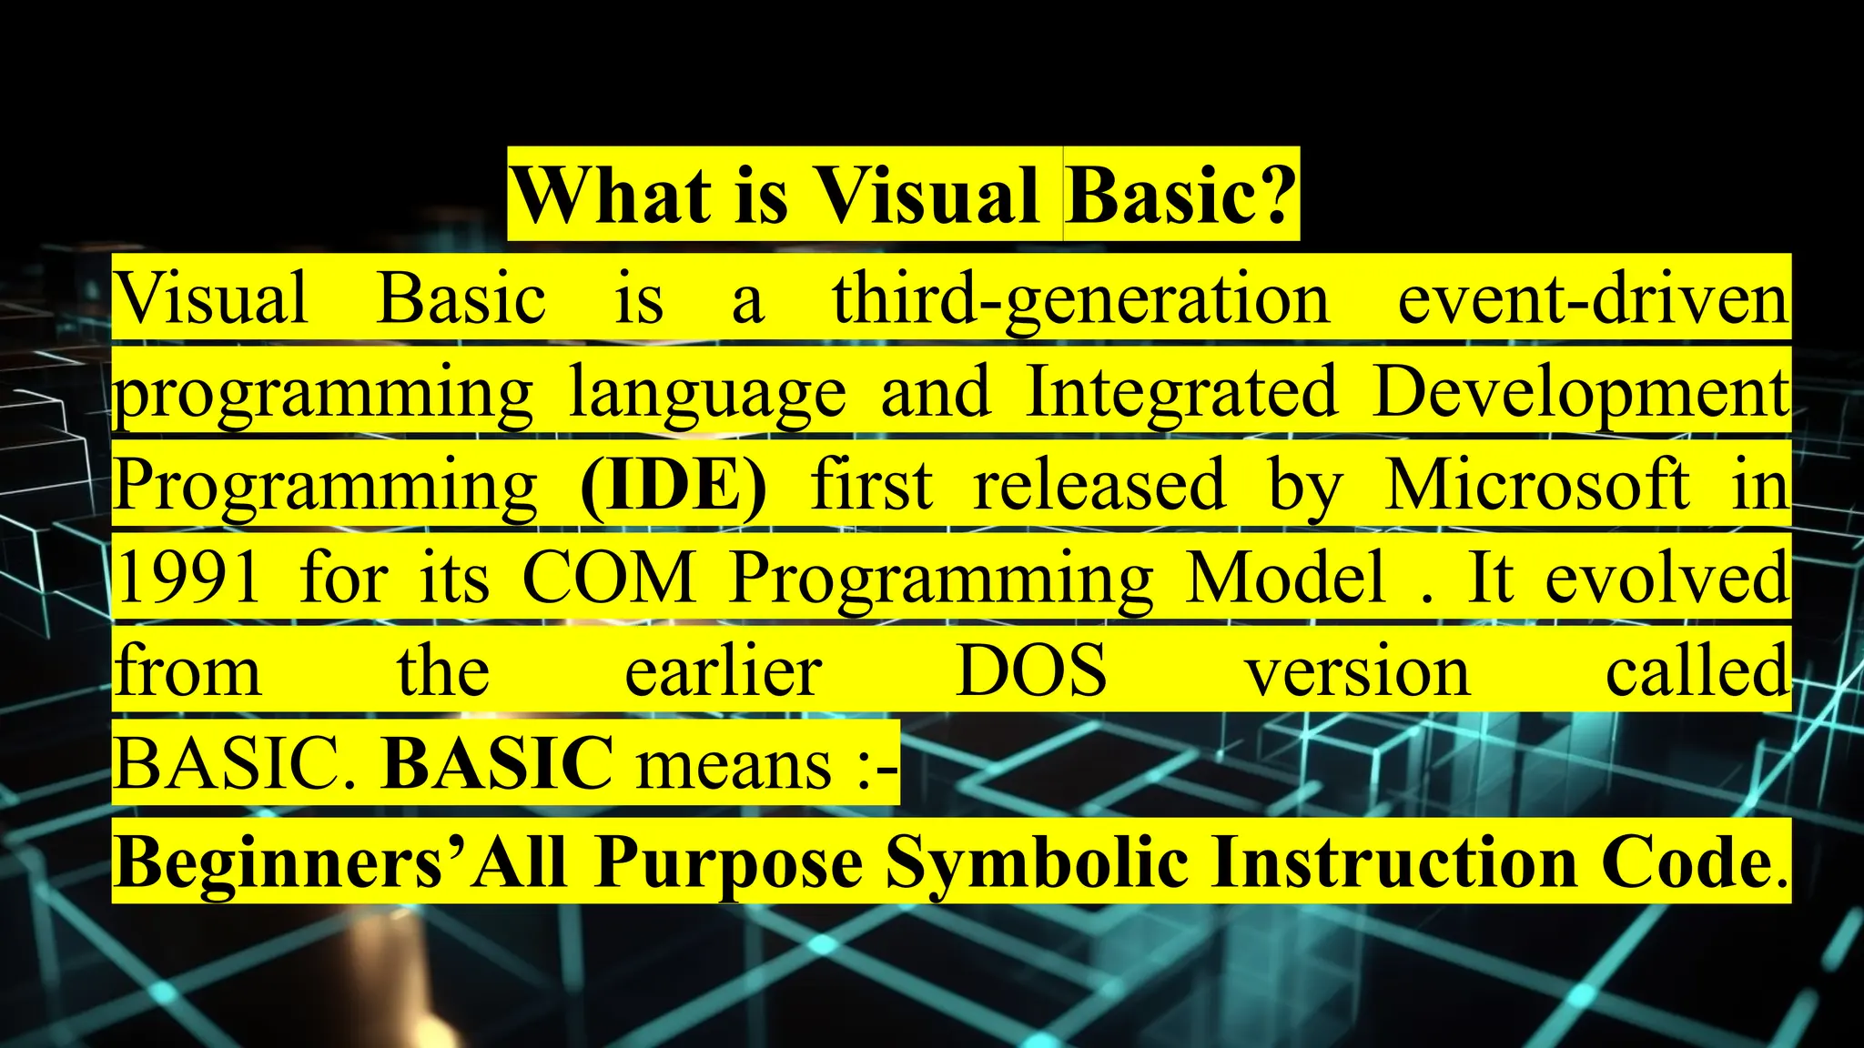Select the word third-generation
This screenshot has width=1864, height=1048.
tap(1081, 300)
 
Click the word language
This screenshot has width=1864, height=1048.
tap(707, 393)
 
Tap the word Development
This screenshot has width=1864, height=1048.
tap(1580, 393)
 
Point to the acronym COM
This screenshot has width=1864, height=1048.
tap(609, 578)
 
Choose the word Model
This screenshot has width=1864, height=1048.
tap(1286, 578)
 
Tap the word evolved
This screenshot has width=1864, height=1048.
tap(1666, 578)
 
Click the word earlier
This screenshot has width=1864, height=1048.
tap(724, 671)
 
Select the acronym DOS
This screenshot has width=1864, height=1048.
tap(1031, 671)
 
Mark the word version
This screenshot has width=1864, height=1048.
tap(1357, 671)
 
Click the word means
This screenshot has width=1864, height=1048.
tap(734, 764)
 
